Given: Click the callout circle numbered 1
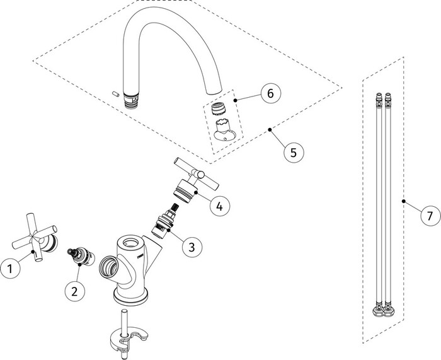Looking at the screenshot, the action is (x=11, y=269).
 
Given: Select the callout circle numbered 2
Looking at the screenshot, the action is (x=75, y=291).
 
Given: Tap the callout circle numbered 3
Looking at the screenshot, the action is (x=192, y=247).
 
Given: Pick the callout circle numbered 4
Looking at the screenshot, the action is (x=220, y=206).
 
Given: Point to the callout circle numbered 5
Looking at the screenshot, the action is (x=294, y=153).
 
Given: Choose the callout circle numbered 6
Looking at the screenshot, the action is (x=270, y=93).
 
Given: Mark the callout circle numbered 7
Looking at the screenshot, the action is (x=430, y=216).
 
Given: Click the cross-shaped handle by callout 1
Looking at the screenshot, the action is (x=35, y=238).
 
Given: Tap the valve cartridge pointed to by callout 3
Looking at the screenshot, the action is (x=165, y=221).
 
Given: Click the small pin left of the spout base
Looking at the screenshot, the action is (x=115, y=94).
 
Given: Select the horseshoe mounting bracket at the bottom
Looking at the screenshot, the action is (x=129, y=335).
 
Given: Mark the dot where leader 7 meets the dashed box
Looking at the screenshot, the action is (x=404, y=201).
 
